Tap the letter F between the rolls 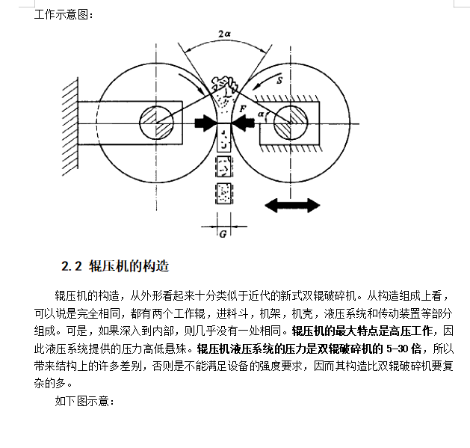244,109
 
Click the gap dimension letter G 223,233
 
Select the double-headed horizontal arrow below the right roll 293,204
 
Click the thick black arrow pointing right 205,123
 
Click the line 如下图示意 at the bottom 84,402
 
